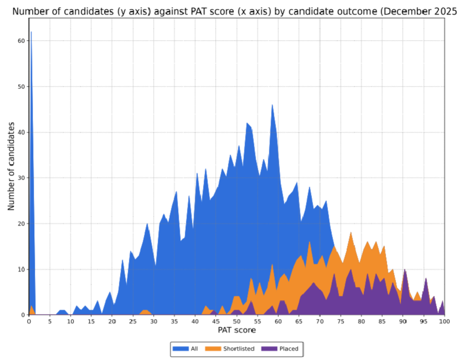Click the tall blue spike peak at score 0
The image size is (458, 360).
coord(31,33)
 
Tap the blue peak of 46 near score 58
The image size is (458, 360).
coord(272,105)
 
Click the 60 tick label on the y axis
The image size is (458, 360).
coord(21,41)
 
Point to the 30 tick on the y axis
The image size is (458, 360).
coord(21,178)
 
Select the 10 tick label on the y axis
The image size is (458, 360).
coord(21,269)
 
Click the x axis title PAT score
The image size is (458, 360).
coord(237,331)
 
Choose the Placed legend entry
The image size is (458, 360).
coord(284,348)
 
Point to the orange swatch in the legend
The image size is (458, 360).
coord(211,348)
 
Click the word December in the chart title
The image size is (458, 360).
coord(398,11)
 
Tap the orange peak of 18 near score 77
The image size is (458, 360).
coord(351,233)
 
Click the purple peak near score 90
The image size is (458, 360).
coord(404,270)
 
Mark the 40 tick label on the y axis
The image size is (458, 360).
coord(21,132)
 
